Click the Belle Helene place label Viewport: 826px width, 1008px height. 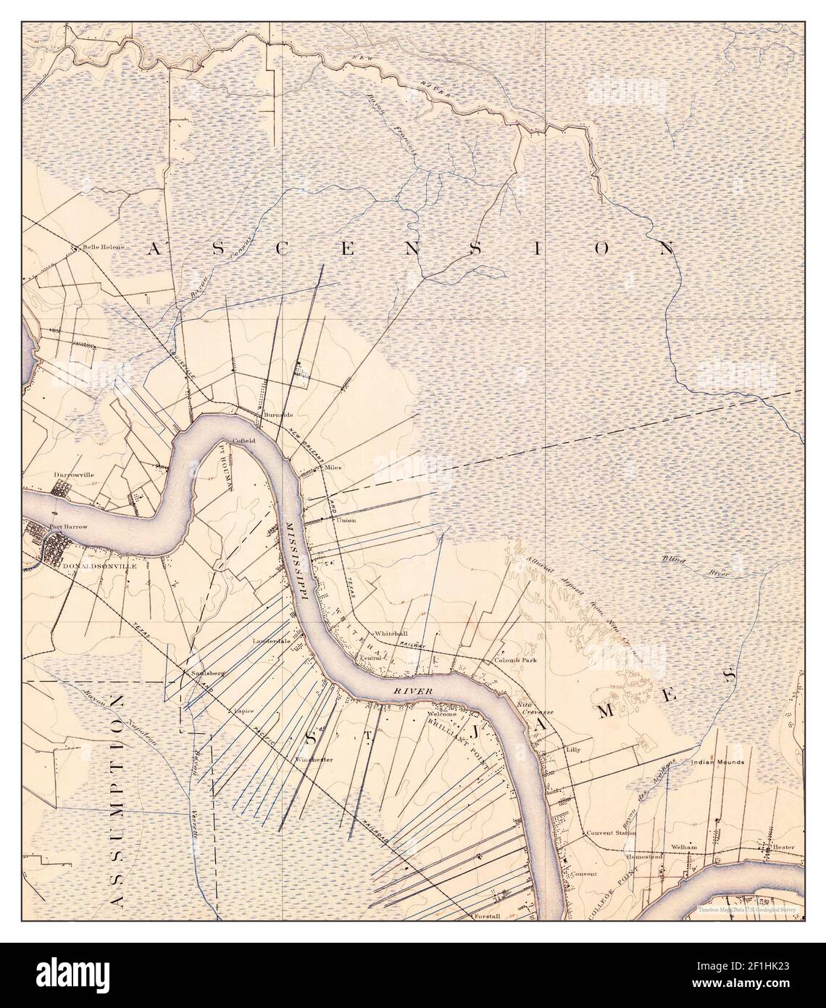click(x=104, y=247)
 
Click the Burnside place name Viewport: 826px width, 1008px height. click(x=278, y=414)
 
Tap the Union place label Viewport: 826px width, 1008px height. click(x=346, y=520)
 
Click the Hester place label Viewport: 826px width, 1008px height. click(x=783, y=847)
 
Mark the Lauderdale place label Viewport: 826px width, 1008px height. click(x=271, y=642)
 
